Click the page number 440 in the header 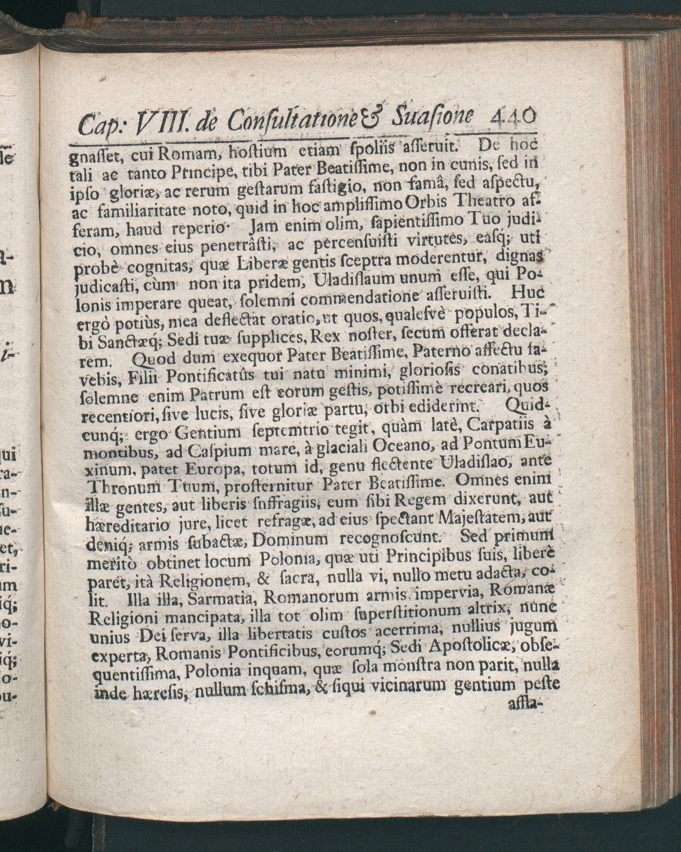[512, 117]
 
